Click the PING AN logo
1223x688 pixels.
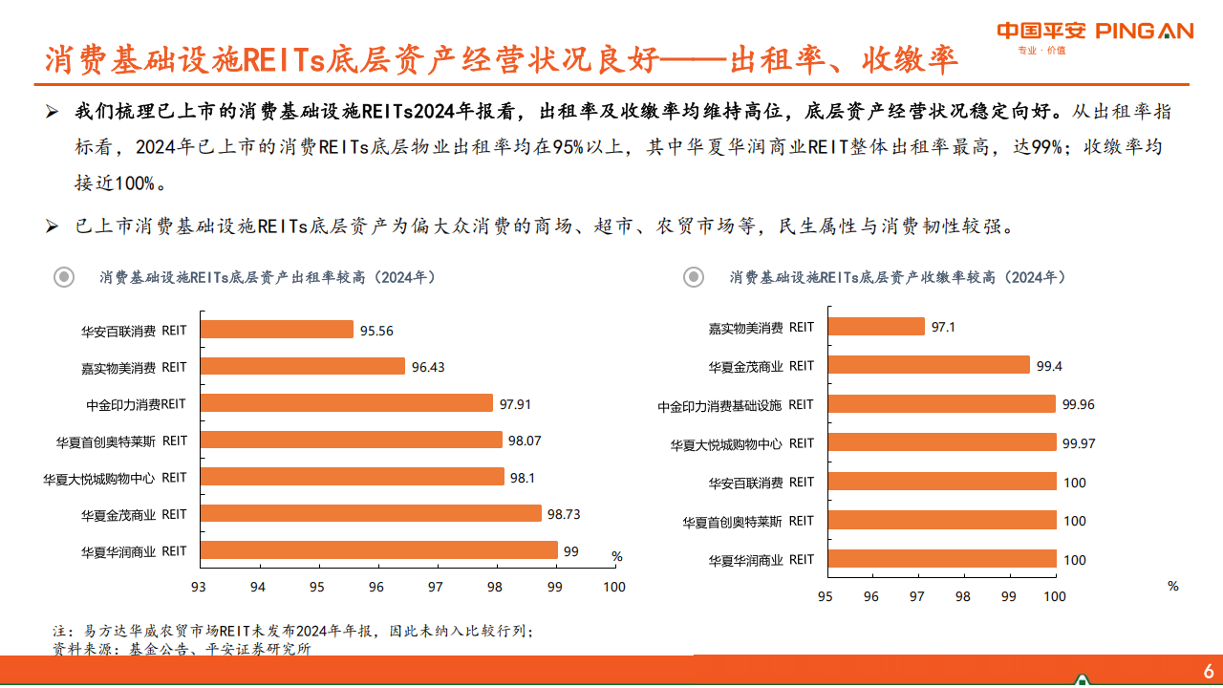click(1095, 32)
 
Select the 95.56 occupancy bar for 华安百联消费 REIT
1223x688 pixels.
click(277, 330)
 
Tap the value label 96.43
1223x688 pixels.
click(428, 367)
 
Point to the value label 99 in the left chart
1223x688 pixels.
click(570, 551)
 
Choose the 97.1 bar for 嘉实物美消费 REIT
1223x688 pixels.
click(876, 327)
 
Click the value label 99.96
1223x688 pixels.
click(1078, 404)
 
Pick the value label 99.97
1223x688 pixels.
click(1078, 443)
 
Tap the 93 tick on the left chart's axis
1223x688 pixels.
click(199, 587)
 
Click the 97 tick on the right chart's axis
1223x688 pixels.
click(917, 596)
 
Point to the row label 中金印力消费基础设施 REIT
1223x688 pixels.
click(736, 405)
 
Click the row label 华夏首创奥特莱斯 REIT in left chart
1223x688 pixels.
click(121, 441)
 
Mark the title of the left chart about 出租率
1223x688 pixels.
click(268, 277)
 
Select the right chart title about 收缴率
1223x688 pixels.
click(897, 277)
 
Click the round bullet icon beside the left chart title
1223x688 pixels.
click(64, 277)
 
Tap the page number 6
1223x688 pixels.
click(1208, 670)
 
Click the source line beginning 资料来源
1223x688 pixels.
click(182, 649)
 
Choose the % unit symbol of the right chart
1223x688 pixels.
click(1173, 586)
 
